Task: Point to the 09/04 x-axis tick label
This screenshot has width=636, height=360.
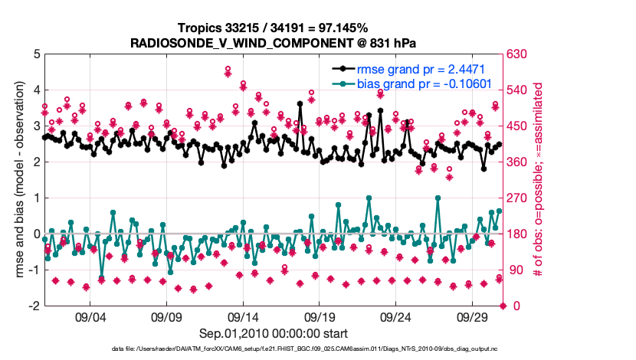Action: click(x=90, y=317)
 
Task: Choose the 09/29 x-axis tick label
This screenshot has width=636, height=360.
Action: click(x=473, y=317)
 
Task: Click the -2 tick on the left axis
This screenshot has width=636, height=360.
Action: click(x=34, y=306)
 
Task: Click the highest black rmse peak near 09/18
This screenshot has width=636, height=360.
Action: click(x=300, y=105)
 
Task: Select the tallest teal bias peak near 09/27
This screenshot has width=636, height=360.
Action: click(x=438, y=198)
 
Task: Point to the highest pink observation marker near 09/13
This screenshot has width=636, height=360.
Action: click(x=228, y=70)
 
